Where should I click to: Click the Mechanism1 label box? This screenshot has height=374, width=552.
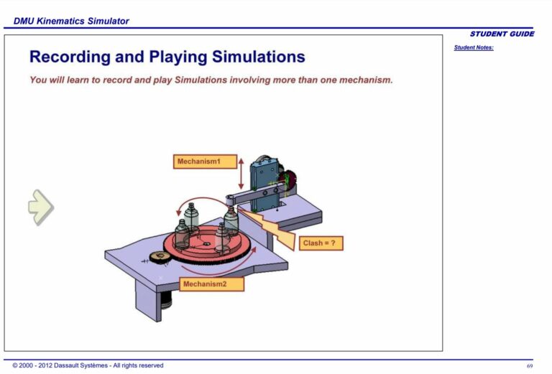[x=205, y=162]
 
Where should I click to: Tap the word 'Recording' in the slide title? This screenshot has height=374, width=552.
[x=77, y=57]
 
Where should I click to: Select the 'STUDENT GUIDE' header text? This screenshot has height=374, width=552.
[x=502, y=34]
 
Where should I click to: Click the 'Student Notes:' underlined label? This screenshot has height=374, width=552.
[x=474, y=48]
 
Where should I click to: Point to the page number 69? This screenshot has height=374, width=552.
[x=530, y=365]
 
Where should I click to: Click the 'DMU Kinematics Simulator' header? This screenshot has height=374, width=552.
[x=71, y=21]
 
